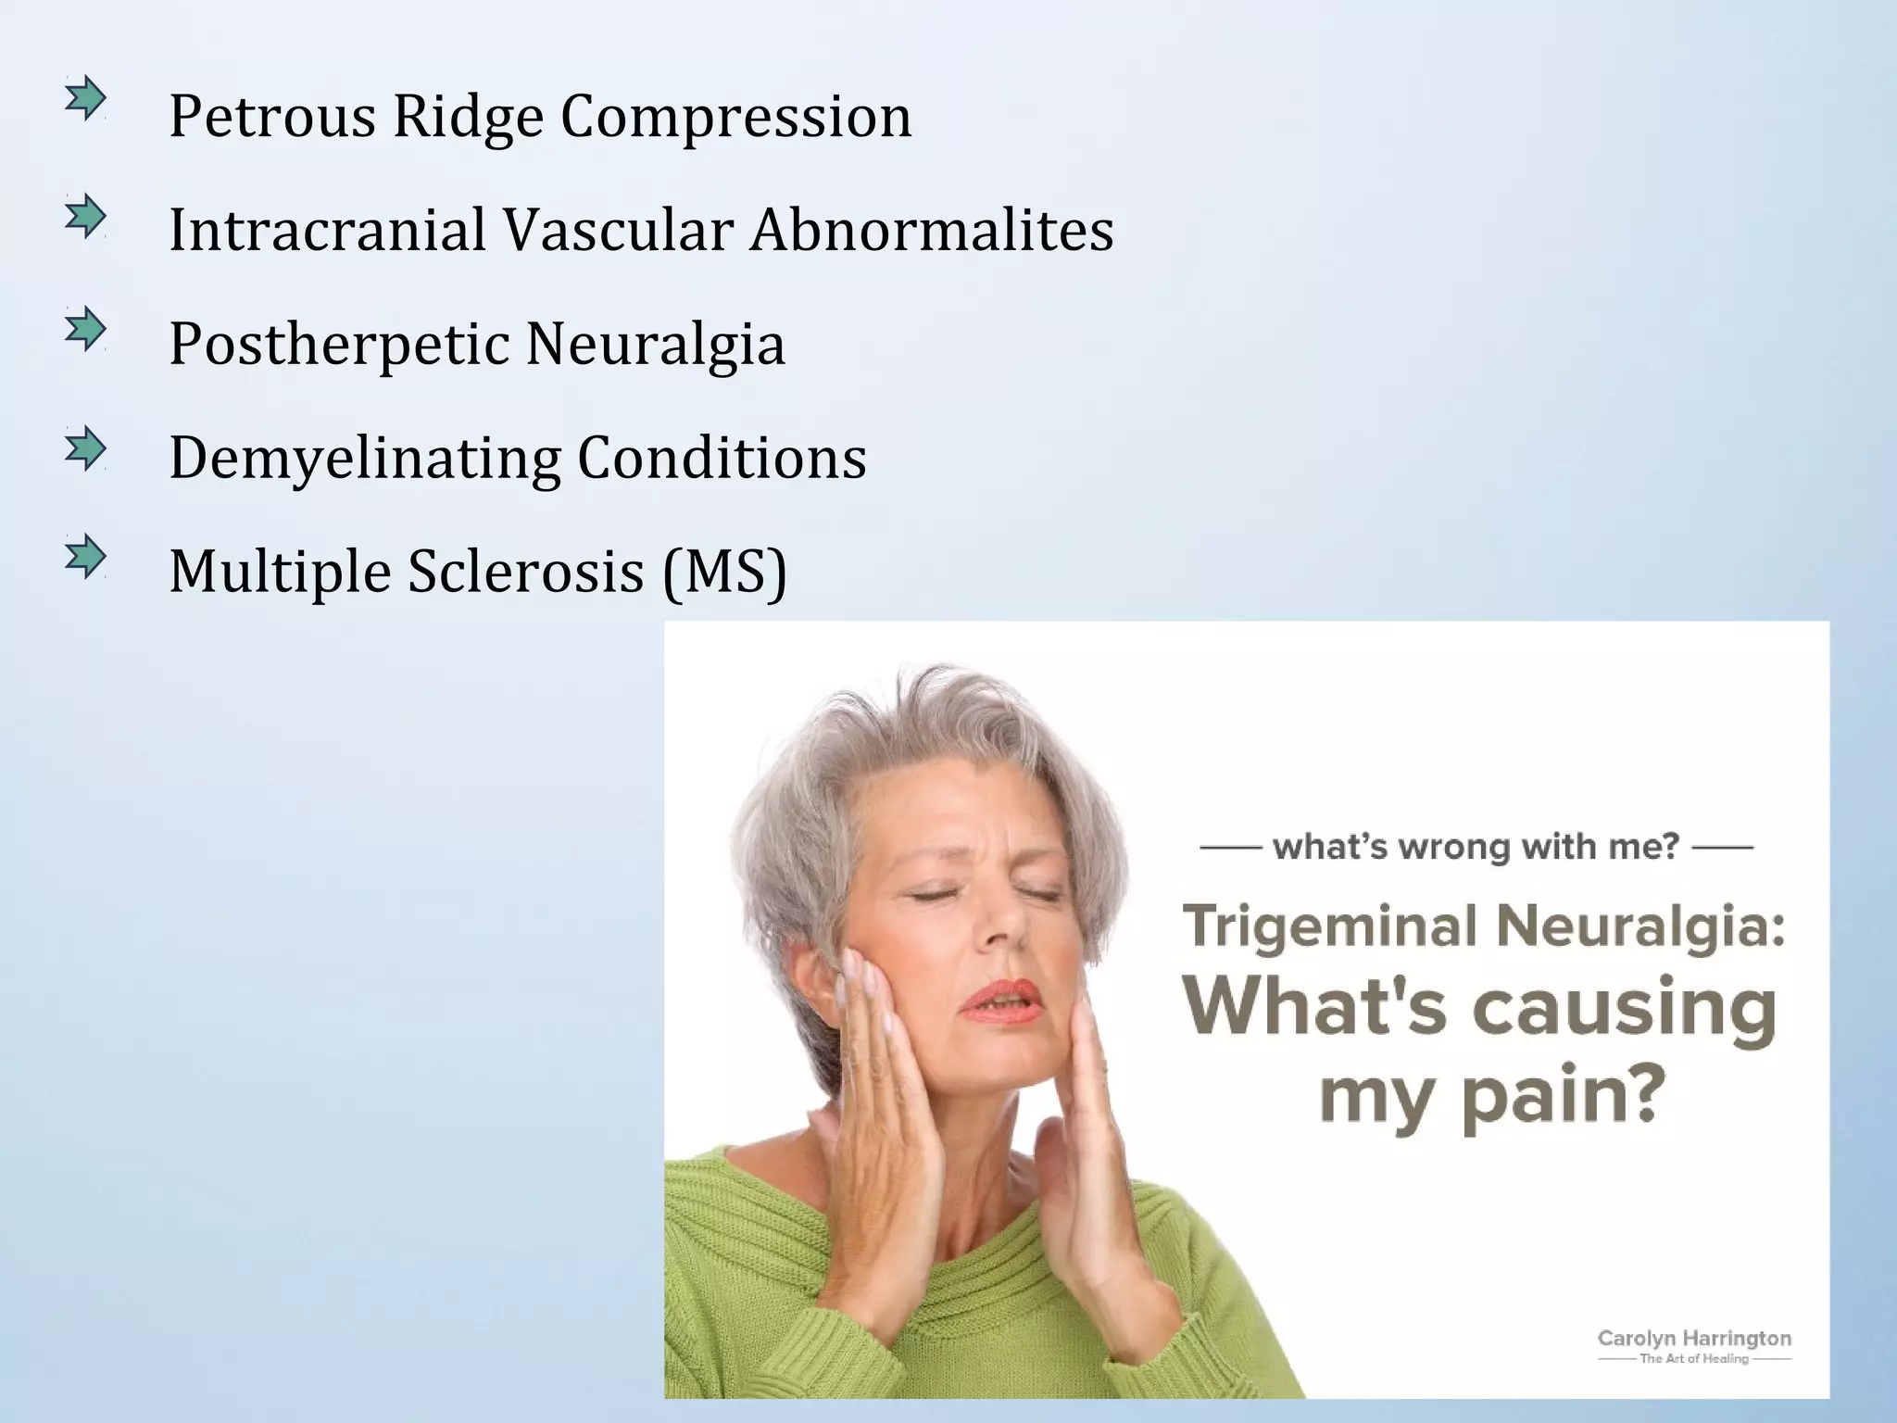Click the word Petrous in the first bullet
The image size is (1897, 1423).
(272, 118)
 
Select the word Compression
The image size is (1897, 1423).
(735, 118)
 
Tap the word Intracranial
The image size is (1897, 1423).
(327, 230)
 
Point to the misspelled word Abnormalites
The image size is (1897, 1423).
(932, 230)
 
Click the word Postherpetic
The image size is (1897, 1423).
(339, 345)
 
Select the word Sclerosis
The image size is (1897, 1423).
(525, 572)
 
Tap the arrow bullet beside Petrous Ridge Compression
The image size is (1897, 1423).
(85, 98)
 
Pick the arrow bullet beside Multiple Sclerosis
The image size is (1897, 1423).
(85, 557)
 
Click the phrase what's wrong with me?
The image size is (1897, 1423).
(1476, 847)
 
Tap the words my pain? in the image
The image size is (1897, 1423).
(1486, 1097)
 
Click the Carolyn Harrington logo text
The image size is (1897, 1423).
(1694, 1339)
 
